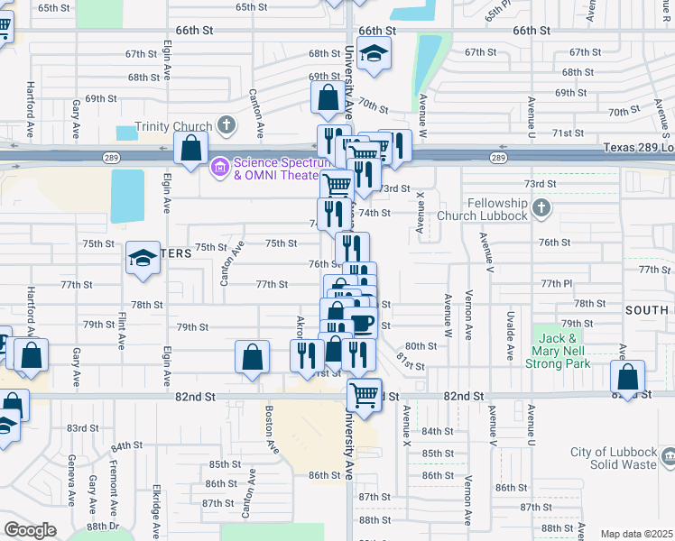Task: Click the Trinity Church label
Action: [173, 127]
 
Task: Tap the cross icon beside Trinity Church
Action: [226, 125]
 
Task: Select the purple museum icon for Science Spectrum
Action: [219, 167]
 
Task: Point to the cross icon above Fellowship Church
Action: [541, 209]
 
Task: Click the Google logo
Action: [30, 529]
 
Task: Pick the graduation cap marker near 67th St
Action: [374, 54]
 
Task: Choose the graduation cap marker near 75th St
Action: [143, 260]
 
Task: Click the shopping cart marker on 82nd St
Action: [364, 394]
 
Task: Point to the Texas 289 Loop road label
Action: [637, 148]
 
